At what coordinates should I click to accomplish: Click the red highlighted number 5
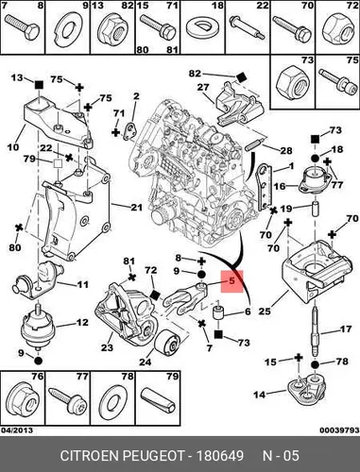pos(231,280)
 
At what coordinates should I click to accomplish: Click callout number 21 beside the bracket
pos(136,208)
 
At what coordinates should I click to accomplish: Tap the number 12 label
pos(82,322)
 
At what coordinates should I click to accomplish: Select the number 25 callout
pos(265,312)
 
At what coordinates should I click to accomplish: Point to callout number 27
pos(203,87)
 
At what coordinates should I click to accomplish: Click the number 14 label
pos(260,395)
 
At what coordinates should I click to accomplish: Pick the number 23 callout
pos(107,347)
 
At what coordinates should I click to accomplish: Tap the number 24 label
pos(146,362)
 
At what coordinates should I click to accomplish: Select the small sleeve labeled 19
pos(315,209)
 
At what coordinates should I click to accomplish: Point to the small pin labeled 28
pos(253,145)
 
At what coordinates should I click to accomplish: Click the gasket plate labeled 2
pos(129,131)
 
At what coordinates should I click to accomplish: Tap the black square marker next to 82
pos(241,77)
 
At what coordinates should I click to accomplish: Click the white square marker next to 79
pos(58,163)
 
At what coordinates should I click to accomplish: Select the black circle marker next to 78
pos(315,364)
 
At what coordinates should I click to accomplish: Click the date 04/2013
pos(17,430)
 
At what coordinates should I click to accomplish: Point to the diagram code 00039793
pos(339,430)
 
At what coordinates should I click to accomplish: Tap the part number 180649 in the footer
pos(220,456)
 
